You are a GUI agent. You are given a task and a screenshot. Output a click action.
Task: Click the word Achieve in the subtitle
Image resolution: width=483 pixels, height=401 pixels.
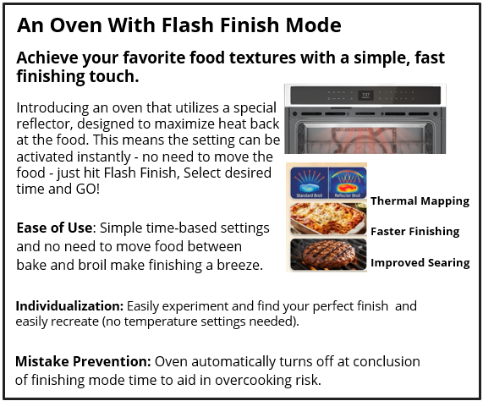tap(49, 58)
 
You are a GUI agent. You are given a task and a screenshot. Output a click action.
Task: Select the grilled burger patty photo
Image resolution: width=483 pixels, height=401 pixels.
tap(328, 254)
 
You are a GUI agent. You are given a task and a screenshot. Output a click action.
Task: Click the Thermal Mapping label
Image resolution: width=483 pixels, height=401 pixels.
tap(420, 201)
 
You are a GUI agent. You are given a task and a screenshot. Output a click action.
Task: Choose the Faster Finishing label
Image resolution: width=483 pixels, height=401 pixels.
tap(414, 231)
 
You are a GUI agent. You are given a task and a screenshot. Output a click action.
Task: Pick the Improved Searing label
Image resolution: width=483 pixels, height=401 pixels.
tap(420, 262)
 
